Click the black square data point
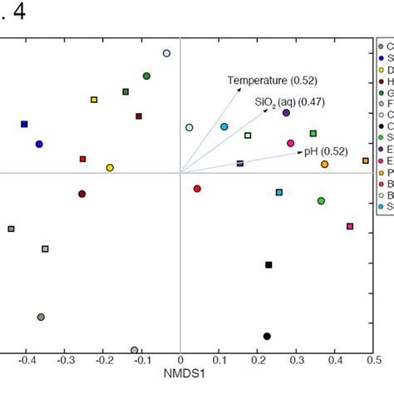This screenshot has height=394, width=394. click(x=268, y=265)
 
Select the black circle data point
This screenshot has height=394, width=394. click(x=267, y=336)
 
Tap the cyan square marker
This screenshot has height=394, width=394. click(x=279, y=192)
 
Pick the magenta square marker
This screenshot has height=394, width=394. click(x=350, y=226)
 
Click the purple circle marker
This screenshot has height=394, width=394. click(x=286, y=112)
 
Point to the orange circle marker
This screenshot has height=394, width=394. click(x=324, y=165)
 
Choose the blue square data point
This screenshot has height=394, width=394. click(x=24, y=124)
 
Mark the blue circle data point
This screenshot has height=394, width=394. click(x=39, y=144)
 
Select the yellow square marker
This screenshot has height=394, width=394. click(x=94, y=100)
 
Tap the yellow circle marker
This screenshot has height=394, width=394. click(x=110, y=168)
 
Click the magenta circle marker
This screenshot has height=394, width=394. click(x=290, y=144)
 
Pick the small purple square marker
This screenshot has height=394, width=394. click(x=240, y=164)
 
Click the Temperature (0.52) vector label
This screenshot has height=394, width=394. click(x=260, y=80)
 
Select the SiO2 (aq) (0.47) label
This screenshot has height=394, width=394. click(x=289, y=101)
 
